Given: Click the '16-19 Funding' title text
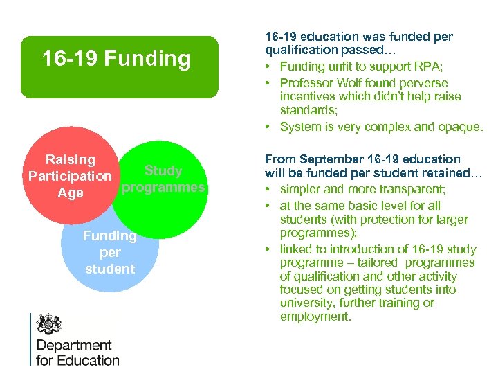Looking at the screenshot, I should [116, 59].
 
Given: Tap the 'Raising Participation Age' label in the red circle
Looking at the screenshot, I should [69, 177].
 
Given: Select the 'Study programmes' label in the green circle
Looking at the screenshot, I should [164, 179].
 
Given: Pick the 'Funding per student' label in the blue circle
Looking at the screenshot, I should [110, 252].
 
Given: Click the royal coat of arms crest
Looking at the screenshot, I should [48, 324].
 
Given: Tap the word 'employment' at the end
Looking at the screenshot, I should [315, 317].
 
